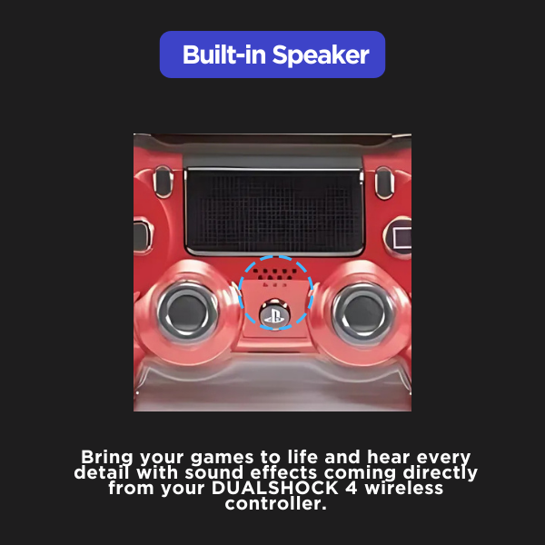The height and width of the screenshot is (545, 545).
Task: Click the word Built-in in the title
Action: coord(224,54)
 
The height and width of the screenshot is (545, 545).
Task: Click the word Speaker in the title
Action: coord(321,54)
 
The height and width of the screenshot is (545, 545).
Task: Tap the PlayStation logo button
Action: coord(274,314)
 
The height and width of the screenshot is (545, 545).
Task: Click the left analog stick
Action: coord(188,312)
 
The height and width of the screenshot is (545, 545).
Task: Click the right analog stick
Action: coord(362,312)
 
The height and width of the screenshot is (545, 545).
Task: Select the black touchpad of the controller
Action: coord(274,212)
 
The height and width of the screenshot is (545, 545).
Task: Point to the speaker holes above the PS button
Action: coord(274,274)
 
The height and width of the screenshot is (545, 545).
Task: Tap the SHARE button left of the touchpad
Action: coord(163,182)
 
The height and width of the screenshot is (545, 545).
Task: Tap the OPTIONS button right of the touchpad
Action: coord(384,183)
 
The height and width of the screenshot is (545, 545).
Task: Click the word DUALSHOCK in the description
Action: coord(275,488)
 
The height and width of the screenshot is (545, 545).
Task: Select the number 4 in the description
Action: coord(352,488)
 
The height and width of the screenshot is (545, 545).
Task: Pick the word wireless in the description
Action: coord(404,488)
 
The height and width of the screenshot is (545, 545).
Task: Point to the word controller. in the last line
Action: coord(275,503)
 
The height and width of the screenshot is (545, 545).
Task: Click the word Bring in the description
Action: coord(107,458)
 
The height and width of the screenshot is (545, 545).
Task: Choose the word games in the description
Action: coord(222,459)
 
